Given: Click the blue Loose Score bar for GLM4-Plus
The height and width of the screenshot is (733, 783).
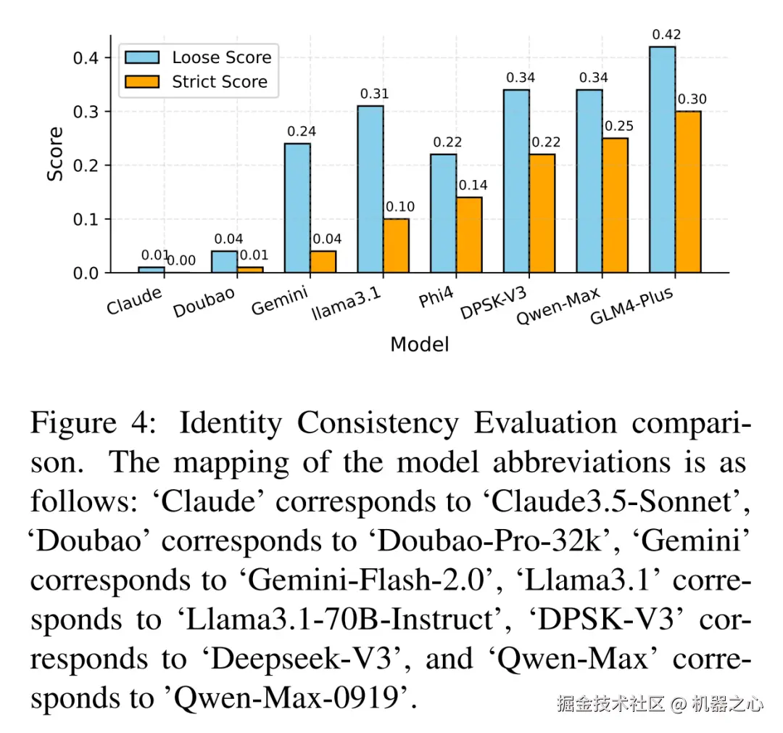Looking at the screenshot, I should (662, 160).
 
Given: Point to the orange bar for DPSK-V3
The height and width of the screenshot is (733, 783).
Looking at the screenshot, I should (542, 213).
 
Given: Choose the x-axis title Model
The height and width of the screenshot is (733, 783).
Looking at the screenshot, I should (419, 344).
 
